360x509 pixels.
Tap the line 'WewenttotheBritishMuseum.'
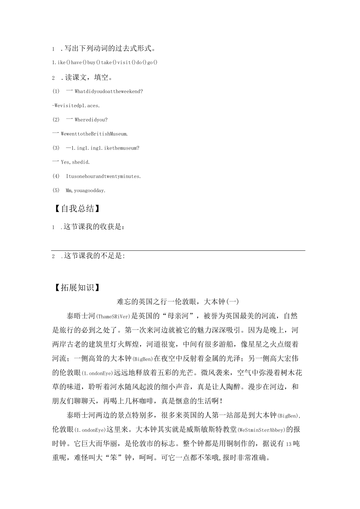(94, 134)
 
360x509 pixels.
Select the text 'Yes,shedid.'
(75, 162)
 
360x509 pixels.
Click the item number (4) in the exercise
(56, 176)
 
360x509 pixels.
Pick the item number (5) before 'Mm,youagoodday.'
(56, 191)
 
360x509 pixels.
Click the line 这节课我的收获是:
(94, 227)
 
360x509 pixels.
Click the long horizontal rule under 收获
(178, 250)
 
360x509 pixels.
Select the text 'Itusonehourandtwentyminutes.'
(103, 176)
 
